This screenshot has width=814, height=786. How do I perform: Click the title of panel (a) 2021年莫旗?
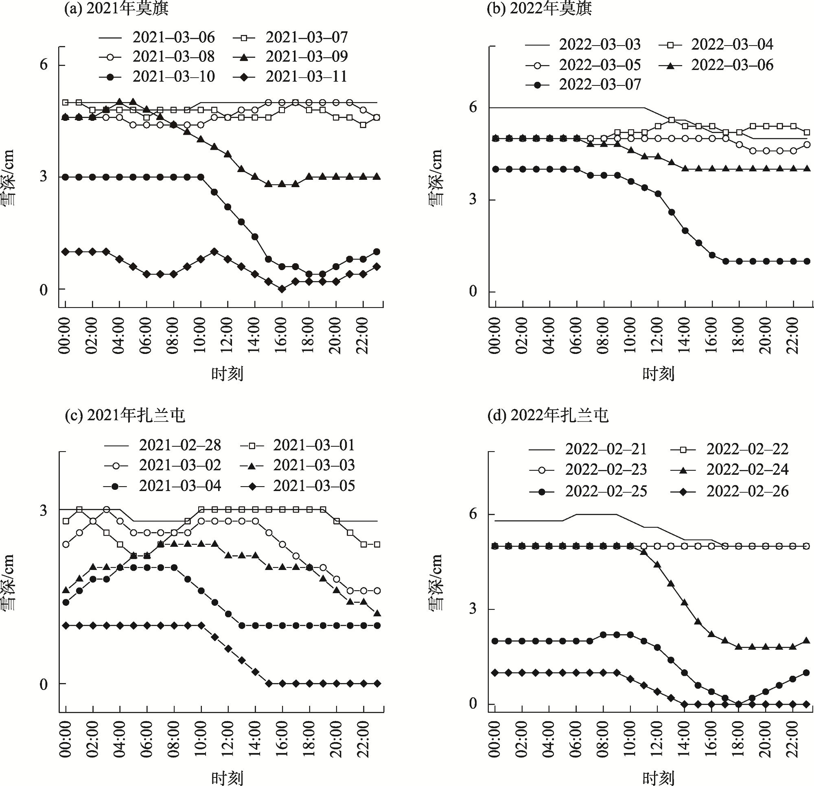click(x=116, y=9)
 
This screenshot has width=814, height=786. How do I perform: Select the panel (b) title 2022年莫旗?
click(x=539, y=9)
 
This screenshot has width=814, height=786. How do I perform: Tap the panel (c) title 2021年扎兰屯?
click(x=125, y=415)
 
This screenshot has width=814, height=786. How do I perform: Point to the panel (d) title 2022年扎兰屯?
click(x=548, y=415)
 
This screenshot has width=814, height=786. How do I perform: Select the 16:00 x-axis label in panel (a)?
click(x=282, y=336)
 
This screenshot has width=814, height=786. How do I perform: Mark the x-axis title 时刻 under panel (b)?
click(x=658, y=374)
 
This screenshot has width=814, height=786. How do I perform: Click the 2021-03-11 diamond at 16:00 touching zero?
click(x=282, y=289)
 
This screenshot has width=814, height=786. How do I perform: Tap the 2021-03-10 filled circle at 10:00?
click(x=201, y=177)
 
